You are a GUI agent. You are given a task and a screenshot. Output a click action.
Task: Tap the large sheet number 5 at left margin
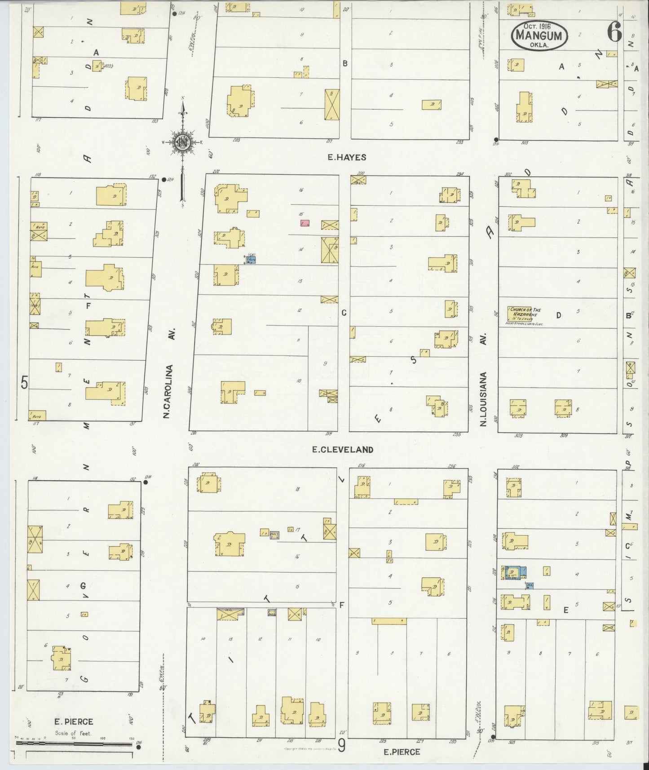tap(25, 383)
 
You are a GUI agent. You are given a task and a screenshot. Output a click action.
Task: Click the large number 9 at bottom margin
tap(342, 746)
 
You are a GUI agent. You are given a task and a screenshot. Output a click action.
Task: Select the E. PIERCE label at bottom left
tap(74, 721)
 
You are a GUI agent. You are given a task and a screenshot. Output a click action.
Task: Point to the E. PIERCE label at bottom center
tap(402, 752)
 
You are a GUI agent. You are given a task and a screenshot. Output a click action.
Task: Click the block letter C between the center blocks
tap(344, 313)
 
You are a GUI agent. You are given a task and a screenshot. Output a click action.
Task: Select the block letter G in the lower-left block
tap(83, 586)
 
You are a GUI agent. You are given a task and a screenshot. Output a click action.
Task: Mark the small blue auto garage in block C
tap(251, 259)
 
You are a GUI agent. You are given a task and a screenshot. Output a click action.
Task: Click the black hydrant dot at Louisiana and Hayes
tap(496, 139)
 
